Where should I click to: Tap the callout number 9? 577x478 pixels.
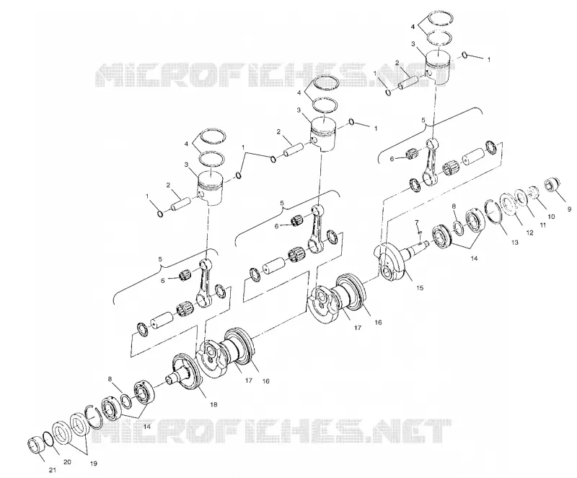[x=570, y=209]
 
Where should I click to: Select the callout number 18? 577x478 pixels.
[x=213, y=404]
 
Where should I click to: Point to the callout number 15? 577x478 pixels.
[x=420, y=287]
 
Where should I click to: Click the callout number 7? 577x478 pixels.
[x=417, y=222]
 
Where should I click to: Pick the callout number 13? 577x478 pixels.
[x=514, y=243]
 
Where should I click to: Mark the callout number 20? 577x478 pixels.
[x=67, y=462]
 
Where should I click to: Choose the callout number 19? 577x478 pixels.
[x=94, y=464]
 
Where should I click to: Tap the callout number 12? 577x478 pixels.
[x=529, y=233]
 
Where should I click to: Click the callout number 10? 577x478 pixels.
[x=551, y=217]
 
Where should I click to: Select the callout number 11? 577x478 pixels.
[x=542, y=225]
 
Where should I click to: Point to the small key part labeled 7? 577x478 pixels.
[x=419, y=233]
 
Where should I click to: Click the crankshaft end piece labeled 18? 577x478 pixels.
[x=186, y=373]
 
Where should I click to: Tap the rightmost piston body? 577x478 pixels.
[x=438, y=67]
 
